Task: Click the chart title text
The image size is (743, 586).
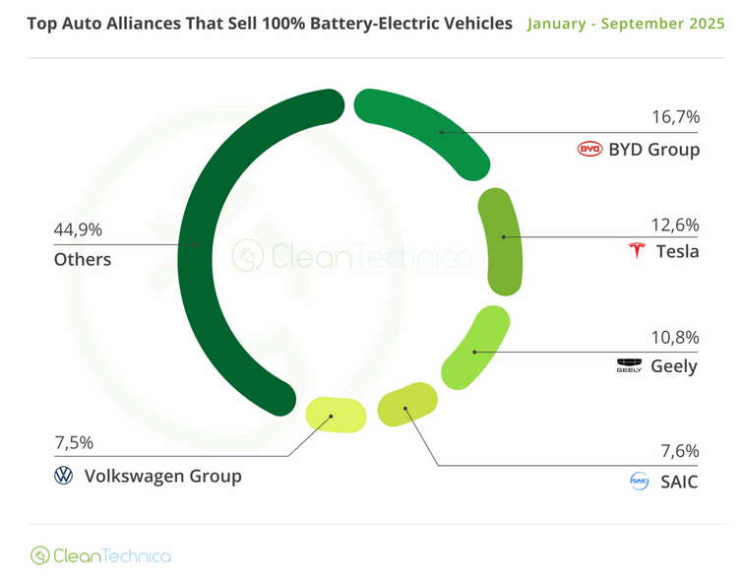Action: point(264,23)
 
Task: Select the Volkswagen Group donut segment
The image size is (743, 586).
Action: point(335,415)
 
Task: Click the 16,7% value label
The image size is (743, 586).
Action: point(676,116)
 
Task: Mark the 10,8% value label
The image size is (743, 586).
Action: point(676,337)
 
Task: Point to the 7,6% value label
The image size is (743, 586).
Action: point(680,451)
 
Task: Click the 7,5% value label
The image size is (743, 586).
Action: point(75,443)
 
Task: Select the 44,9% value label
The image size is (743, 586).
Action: point(79,229)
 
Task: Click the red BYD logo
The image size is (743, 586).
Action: point(589,150)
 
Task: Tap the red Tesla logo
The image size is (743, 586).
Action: point(636,251)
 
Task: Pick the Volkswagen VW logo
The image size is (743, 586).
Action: point(64,477)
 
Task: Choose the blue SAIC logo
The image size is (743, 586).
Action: point(640,482)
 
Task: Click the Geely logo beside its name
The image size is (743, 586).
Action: point(629,366)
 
